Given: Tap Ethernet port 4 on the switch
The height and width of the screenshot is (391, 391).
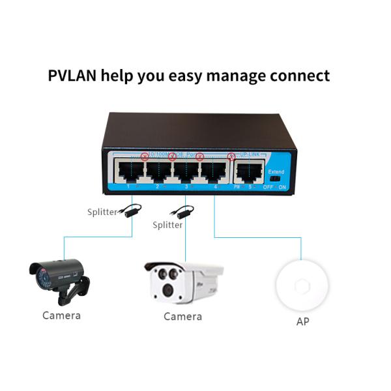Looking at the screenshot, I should tap(214, 171).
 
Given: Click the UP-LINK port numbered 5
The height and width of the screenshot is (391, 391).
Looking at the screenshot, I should tap(248, 171).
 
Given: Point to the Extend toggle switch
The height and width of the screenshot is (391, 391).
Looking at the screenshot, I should tap(275, 177).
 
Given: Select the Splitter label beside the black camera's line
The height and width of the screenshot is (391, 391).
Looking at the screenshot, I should tap(102, 212).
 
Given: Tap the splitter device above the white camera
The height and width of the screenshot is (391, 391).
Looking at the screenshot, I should tap(182, 212).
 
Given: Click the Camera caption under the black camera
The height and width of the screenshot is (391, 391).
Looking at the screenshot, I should tap(61, 315).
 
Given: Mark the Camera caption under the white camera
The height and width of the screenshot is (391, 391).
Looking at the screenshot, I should tap(182, 317).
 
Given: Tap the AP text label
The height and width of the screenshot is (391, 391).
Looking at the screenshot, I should tap(302, 322).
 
